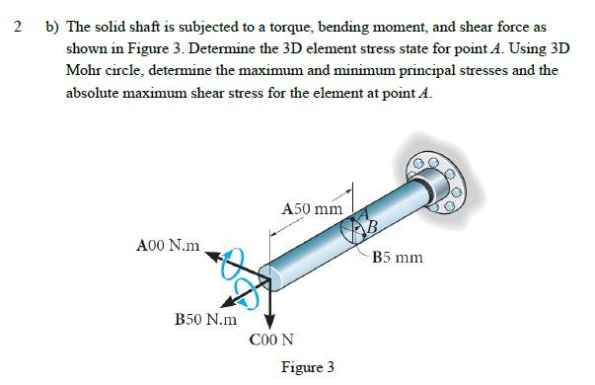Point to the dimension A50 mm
[x=312, y=208]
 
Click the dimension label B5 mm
[x=399, y=258]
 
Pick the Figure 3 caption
[x=307, y=367]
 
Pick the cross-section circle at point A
[x=355, y=230]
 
